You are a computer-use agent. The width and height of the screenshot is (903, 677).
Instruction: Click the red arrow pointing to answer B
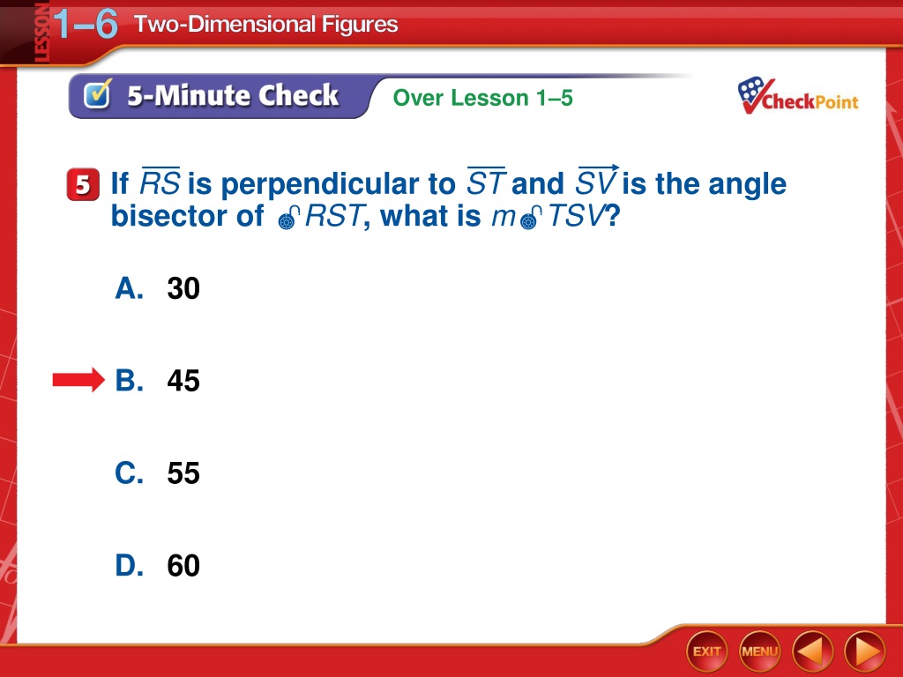point(78,380)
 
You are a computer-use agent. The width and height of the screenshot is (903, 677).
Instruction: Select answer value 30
point(183,288)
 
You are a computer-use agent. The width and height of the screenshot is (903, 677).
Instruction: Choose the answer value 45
point(183,381)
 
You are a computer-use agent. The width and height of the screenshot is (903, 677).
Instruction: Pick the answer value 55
point(183,473)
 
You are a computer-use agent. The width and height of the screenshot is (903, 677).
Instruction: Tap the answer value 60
point(183,565)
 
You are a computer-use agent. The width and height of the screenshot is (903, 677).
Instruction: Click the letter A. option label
point(129,288)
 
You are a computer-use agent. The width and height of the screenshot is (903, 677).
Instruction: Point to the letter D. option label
point(129,565)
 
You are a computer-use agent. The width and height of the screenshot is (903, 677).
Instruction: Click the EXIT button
point(706,651)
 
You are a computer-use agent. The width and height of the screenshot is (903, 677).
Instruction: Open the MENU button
point(759,651)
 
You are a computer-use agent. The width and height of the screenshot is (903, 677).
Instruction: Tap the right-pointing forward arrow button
point(865,651)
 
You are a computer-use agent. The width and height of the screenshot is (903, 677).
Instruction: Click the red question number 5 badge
point(83,185)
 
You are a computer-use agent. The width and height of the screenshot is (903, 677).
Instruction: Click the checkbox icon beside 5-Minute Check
point(97,93)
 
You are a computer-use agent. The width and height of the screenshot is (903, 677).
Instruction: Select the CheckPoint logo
point(797,96)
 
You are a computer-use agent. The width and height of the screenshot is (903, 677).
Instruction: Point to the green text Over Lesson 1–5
point(482,98)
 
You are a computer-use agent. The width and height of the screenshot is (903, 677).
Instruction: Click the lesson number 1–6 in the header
point(86,24)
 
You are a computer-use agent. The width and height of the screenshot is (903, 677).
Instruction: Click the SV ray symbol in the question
point(597,181)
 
